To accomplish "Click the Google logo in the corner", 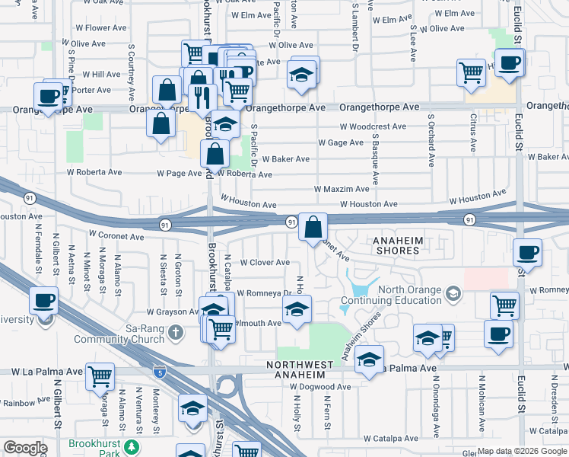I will [24, 448].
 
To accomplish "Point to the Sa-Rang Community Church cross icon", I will [175, 331].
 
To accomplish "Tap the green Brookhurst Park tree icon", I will [132, 446].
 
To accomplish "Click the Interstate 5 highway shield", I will [158, 372].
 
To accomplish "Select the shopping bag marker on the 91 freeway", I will [313, 226].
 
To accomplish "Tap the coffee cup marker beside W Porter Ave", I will [48, 97].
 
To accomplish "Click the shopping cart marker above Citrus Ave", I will [471, 73].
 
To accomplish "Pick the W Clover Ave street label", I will [264, 262].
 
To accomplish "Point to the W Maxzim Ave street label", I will [342, 189].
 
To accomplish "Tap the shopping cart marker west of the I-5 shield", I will [100, 376].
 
